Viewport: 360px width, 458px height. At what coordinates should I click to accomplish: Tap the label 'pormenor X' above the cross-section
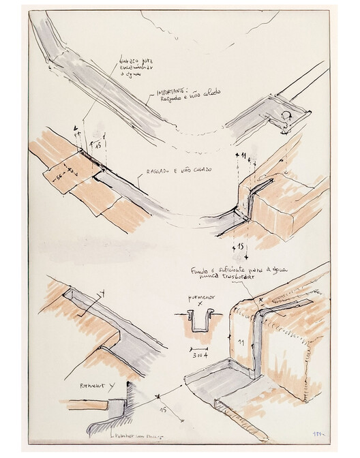tap(201, 300)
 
